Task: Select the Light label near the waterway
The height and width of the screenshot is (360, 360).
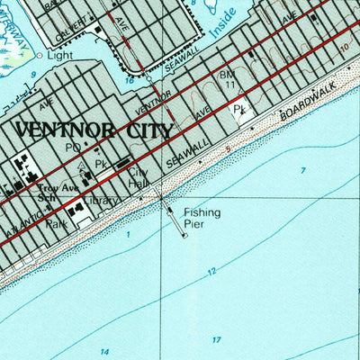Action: click(59, 54)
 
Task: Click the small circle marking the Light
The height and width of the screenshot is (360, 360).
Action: click(39, 55)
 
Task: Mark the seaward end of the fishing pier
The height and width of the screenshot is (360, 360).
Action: click(184, 236)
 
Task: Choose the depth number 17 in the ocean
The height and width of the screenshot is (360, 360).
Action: click(216, 339)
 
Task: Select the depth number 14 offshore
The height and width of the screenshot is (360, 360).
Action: click(105, 351)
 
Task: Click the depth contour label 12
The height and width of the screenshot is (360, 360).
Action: click(211, 271)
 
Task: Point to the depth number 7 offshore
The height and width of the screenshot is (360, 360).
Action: click(303, 170)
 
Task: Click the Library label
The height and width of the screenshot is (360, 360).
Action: click(99, 201)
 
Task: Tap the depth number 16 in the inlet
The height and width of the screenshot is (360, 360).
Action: click(130, 80)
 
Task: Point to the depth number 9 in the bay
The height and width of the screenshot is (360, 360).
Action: click(33, 75)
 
